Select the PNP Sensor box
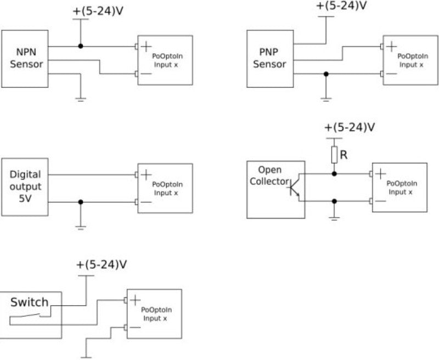pyautogui.click(x=269, y=59)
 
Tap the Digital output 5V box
pyautogui.click(x=25, y=187)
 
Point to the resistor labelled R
pyautogui.click(x=334, y=155)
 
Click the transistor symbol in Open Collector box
pyautogui.click(x=294, y=187)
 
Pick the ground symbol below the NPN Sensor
pyautogui.click(x=81, y=99)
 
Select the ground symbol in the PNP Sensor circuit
pyautogui.click(x=326, y=99)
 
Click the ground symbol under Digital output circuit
pyautogui.click(x=81, y=227)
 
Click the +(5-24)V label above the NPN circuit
pyautogui.click(x=98, y=10)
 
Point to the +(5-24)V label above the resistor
pyautogui.click(x=350, y=127)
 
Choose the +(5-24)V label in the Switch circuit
pyautogui.click(x=102, y=265)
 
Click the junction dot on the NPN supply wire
pyautogui.click(x=81, y=46)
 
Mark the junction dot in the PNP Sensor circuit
pyautogui.click(x=326, y=74)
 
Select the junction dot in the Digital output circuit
pyautogui.click(x=81, y=202)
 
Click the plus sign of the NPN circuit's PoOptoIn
pyautogui.click(x=147, y=47)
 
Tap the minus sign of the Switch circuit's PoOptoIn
pyautogui.click(x=136, y=328)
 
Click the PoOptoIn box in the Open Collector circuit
pyautogui.click(x=399, y=187)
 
